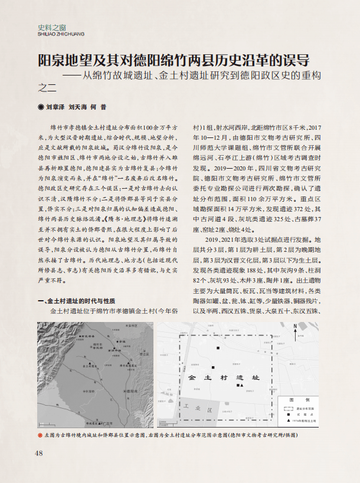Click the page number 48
(x=40, y=453)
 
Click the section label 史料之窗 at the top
(x=51, y=27)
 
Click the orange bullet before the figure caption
(x=40, y=435)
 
